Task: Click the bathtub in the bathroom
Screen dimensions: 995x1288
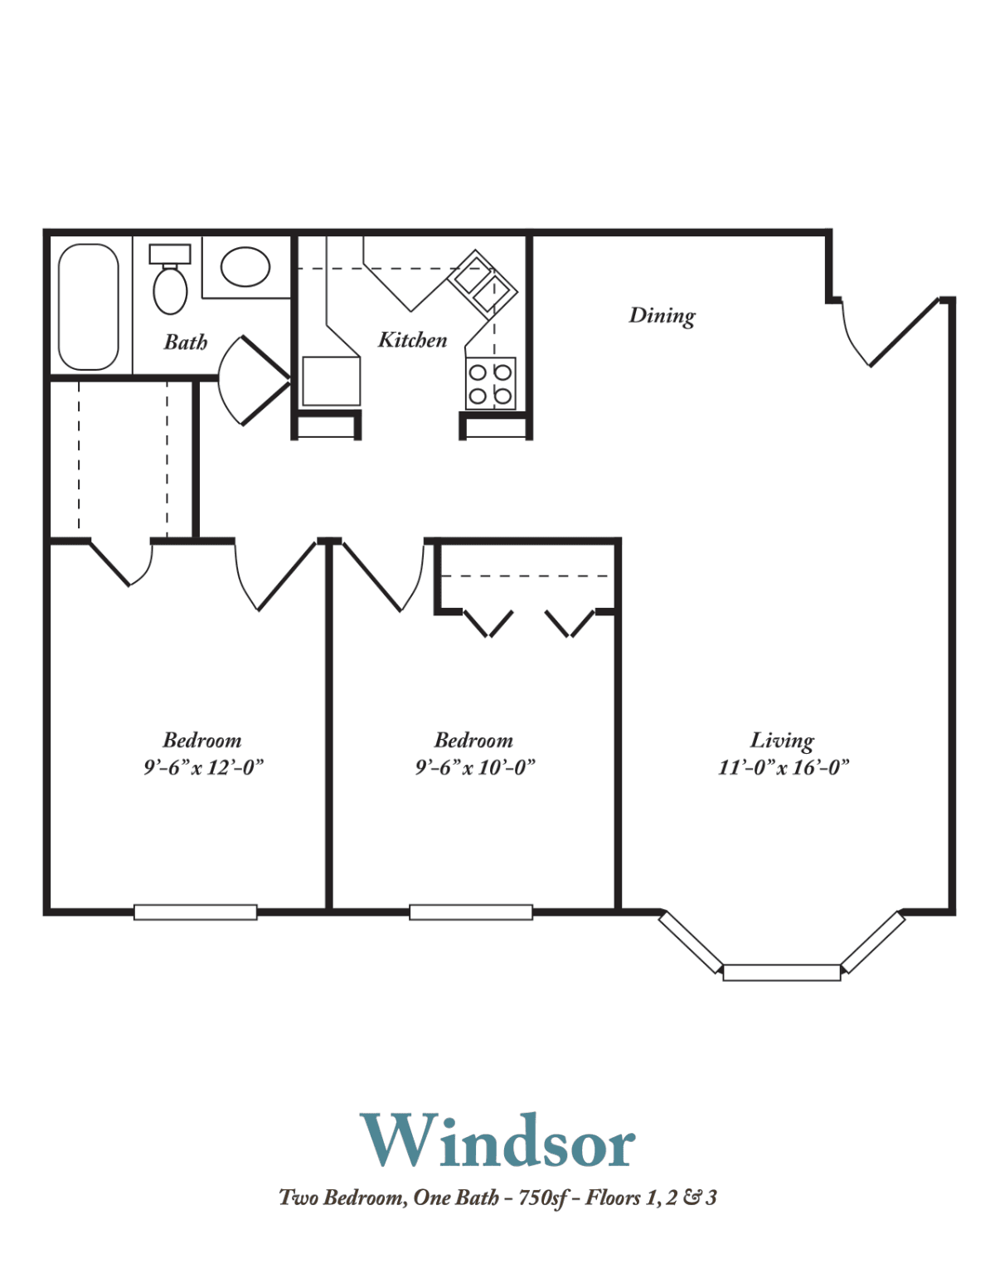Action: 88,306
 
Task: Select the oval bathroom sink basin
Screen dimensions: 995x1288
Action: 245,267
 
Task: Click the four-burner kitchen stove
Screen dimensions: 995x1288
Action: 490,383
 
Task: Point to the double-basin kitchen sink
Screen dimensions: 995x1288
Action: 483,281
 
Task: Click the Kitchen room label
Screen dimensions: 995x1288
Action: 412,340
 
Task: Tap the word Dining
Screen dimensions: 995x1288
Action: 662,315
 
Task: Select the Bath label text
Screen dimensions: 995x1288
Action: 186,342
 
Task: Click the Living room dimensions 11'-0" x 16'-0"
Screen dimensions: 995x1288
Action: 784,768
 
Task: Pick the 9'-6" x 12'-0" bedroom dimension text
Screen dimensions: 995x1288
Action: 203,768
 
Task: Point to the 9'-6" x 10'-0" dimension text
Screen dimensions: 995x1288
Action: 474,768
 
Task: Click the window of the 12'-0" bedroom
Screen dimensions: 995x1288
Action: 196,912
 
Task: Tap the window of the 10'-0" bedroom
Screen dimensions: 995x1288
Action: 471,912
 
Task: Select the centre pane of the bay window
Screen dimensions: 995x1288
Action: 782,973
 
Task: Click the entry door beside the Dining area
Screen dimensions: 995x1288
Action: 890,332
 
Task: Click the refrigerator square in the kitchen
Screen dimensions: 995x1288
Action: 332,382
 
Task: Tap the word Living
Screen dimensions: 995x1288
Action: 782,741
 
